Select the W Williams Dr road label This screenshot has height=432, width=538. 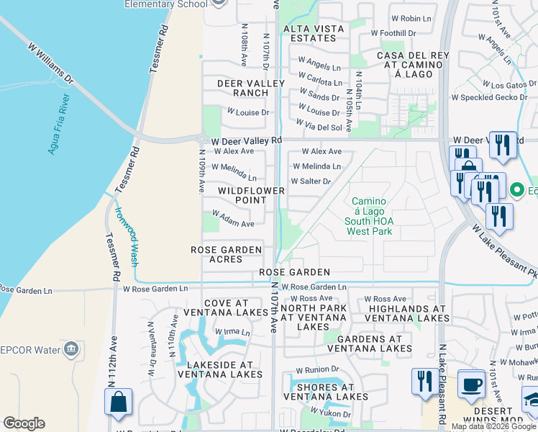pyautogui.click(x=51, y=62)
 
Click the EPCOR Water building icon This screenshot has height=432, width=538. pyautogui.click(x=71, y=350)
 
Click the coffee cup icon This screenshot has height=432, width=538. pyautogui.click(x=472, y=384)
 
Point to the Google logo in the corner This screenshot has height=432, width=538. pyautogui.click(x=24, y=423)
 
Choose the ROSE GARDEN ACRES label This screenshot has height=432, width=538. pyautogui.click(x=225, y=254)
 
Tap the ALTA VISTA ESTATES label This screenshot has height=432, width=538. pyautogui.click(x=314, y=33)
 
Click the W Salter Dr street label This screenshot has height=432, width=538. pyautogui.click(x=311, y=181)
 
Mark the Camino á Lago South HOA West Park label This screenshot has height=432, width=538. pyautogui.click(x=369, y=216)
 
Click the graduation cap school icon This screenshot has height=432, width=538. pyautogui.click(x=531, y=398)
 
